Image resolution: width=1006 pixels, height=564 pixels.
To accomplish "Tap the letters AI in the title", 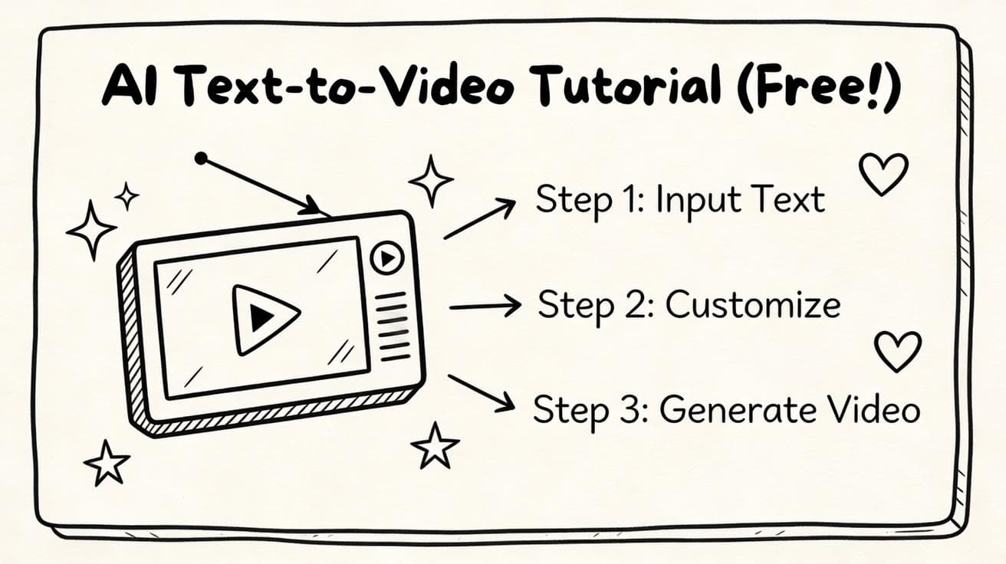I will [127, 87].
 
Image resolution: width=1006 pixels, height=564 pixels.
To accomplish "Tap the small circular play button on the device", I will [387, 258].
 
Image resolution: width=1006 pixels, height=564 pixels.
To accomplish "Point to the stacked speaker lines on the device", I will [394, 326].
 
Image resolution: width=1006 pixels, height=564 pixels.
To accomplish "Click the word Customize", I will [753, 305].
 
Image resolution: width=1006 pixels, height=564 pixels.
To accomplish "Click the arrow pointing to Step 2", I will [485, 307].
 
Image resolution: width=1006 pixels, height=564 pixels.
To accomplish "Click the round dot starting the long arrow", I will [201, 158].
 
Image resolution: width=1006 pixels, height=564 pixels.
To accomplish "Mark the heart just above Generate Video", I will [898, 351].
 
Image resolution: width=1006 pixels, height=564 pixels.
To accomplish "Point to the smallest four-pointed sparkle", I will [127, 196].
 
